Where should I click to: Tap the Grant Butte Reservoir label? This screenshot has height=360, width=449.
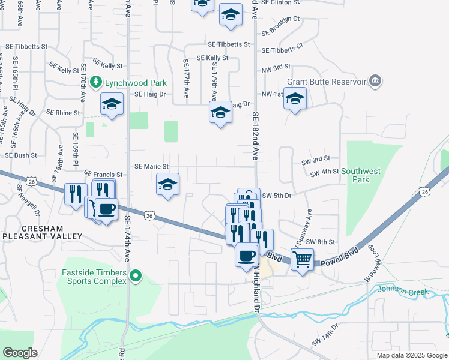327,81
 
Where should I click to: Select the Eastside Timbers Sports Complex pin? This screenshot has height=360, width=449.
136,277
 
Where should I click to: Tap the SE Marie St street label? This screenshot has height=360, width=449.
152,166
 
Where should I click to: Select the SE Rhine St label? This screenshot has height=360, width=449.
63,112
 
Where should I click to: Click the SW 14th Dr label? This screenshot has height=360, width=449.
325,343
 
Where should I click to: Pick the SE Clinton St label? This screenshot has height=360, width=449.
280,3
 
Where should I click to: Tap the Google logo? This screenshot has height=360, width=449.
20,353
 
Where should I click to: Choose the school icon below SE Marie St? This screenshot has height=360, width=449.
168,185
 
